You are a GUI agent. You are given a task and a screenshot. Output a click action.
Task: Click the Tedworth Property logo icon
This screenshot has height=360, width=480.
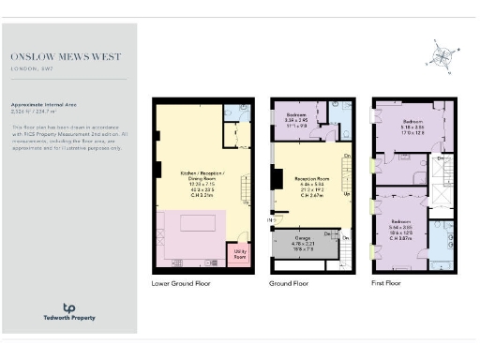point(68,307)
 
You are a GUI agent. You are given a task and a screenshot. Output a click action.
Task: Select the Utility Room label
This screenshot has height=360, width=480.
point(240,254)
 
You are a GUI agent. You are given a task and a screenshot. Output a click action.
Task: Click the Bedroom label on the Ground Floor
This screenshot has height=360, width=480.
point(298,117)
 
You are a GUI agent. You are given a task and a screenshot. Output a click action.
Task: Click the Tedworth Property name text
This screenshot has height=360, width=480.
point(68,319)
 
